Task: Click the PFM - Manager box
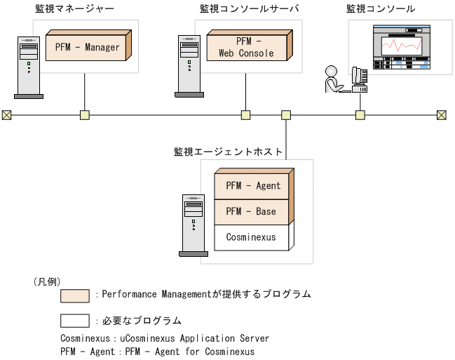point(87,48)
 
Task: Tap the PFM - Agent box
point(253,186)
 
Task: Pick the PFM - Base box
point(251,211)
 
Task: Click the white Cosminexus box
point(251,237)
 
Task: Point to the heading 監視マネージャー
point(74,9)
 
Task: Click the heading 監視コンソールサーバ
point(249,9)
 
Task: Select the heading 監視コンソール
point(380,9)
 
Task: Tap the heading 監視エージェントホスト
point(229,151)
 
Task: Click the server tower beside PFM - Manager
point(28,67)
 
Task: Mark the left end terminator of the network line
point(6,115)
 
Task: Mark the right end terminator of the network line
point(442,115)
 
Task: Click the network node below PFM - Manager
point(85,115)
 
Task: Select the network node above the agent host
point(286,115)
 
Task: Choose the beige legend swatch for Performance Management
point(75,295)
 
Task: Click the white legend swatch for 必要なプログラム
point(75,321)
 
